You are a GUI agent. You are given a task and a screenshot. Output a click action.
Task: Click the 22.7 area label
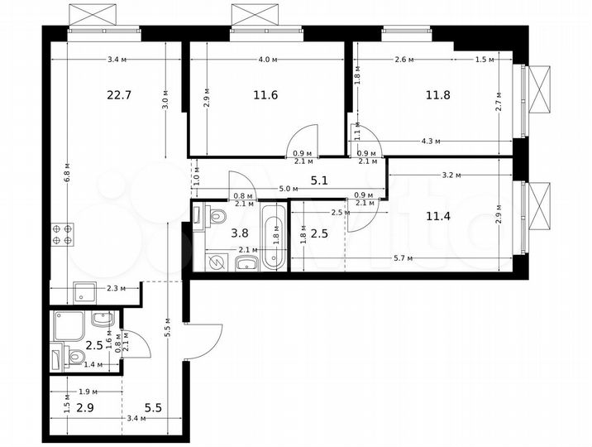[118, 94]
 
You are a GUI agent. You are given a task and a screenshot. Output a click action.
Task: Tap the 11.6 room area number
[265, 94]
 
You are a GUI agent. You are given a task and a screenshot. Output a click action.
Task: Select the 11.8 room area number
[437, 94]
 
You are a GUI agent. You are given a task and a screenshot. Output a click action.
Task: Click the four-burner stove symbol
[61, 233]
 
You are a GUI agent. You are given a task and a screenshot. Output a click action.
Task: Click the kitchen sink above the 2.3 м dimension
[84, 291]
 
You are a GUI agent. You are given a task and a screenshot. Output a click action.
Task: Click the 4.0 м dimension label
[265, 60]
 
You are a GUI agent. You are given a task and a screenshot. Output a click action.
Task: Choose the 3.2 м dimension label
[451, 175]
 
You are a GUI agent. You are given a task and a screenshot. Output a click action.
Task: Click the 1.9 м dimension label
[88, 392]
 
